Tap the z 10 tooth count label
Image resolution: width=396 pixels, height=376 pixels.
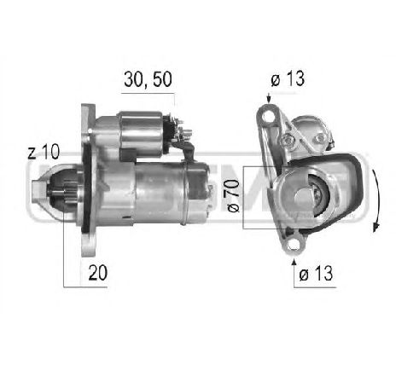coord(43,153)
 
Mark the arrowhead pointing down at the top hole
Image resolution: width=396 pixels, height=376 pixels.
coord(271,100)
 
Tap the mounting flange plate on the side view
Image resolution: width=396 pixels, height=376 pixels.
coord(88,183)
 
